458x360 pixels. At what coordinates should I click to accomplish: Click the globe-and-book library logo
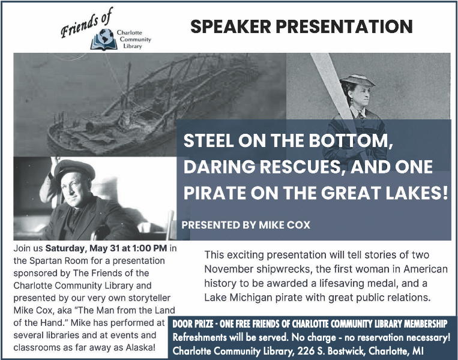point(103,40)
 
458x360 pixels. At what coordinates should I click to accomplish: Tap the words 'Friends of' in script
point(86,23)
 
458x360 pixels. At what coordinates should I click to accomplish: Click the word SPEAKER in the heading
point(231,26)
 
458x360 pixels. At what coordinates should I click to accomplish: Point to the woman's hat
point(357,80)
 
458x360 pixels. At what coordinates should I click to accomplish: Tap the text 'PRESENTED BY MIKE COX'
point(246,225)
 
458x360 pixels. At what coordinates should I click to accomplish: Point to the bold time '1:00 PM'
point(149,248)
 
